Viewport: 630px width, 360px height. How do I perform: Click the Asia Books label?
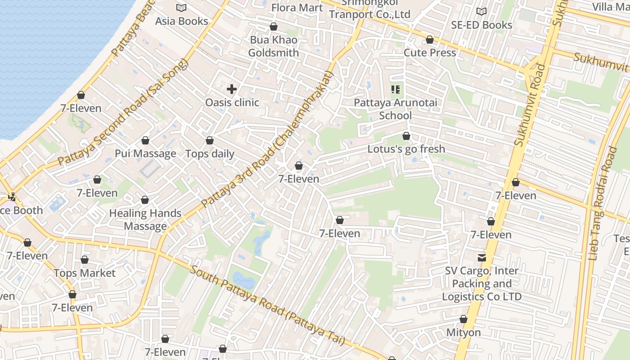tap(181, 21)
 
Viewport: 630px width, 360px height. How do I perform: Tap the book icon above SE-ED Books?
tap(481, 11)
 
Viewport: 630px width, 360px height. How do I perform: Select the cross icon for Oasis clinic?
tap(232, 89)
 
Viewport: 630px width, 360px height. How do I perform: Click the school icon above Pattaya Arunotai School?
tap(396, 90)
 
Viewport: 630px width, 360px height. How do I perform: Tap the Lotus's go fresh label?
tap(406, 149)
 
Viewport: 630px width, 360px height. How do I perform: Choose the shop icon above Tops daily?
tap(210, 141)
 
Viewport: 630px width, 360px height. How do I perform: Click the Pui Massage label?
tap(145, 153)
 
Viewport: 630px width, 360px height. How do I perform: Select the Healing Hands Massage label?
tap(145, 220)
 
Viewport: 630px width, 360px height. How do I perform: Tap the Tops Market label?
tap(85, 273)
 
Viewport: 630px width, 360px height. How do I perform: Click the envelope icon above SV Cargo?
tap(482, 258)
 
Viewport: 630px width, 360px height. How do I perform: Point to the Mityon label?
tap(463, 333)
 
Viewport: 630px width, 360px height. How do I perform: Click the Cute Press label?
tap(430, 53)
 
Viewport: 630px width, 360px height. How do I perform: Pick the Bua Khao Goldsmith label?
tap(274, 46)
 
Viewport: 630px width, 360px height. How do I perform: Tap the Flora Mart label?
tap(297, 8)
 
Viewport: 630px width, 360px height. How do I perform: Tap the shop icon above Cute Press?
tap(430, 40)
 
